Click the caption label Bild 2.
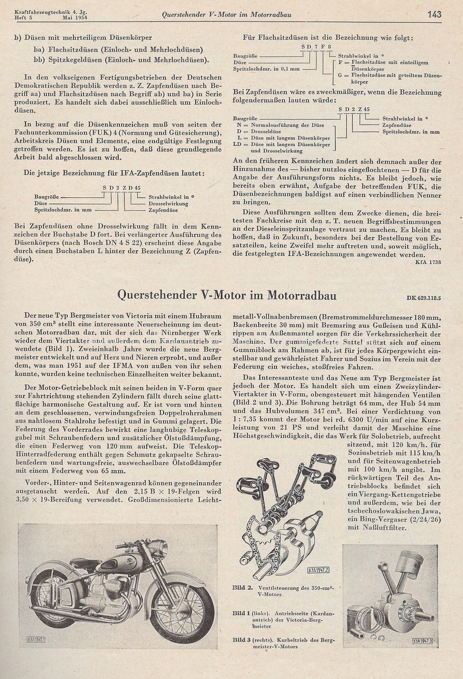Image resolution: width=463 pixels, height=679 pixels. (x=242, y=587)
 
